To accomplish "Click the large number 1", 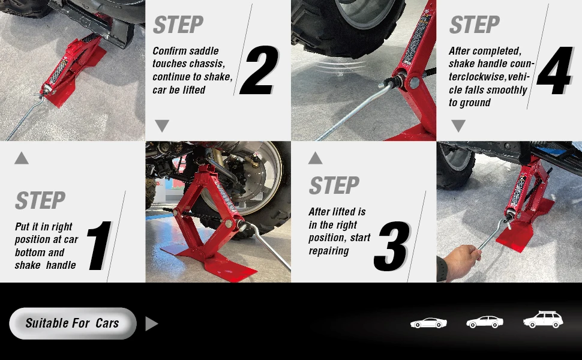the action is click(x=100, y=245).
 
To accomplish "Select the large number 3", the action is click(x=392, y=246).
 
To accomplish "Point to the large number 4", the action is click(x=554, y=70).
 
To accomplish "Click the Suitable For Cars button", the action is click(x=73, y=323).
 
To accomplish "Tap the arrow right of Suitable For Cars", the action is click(x=151, y=323).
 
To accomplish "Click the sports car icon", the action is click(x=428, y=323).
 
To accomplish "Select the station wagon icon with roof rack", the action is click(x=543, y=320).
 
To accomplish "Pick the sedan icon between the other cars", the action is click(x=485, y=322).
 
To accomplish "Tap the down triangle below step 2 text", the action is click(x=162, y=125).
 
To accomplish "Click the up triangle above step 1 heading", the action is click(x=22, y=158).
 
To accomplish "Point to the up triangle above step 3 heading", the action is click(x=315, y=158).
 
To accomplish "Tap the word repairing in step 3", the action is click(x=329, y=251).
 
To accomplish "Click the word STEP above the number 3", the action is click(x=334, y=185).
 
